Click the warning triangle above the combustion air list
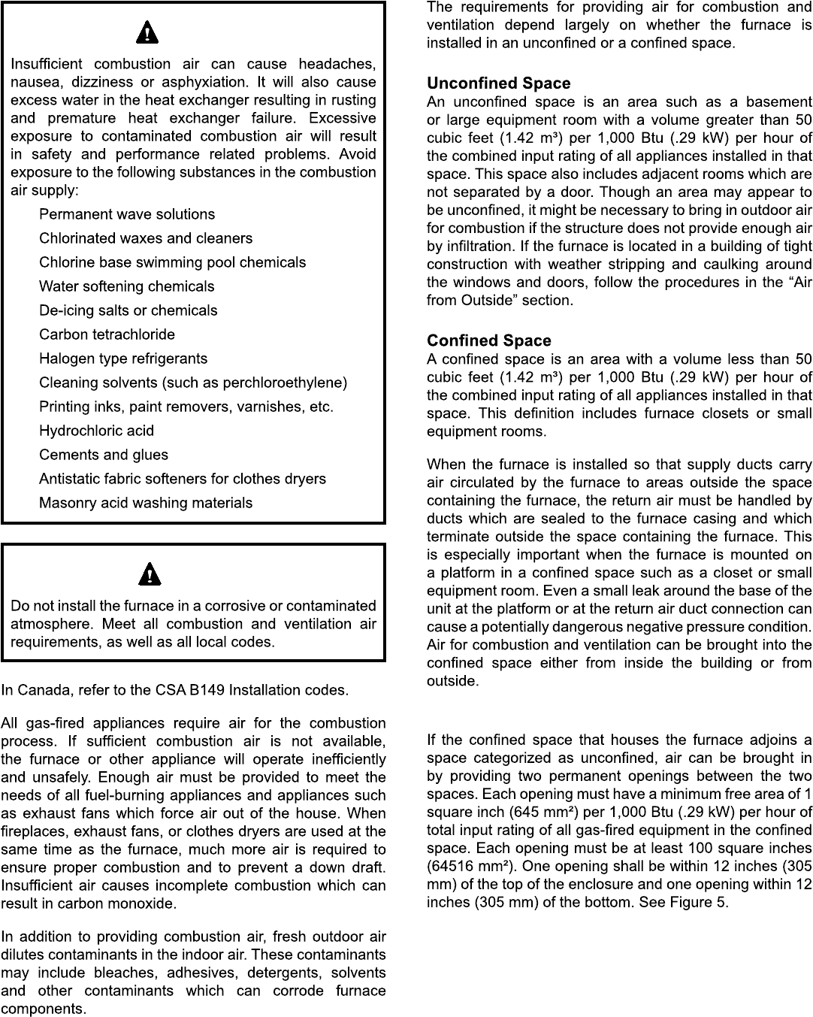147,33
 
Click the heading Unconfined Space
498,83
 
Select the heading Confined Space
488,341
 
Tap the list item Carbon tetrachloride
107,334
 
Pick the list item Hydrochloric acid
96,431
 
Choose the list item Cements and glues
104,455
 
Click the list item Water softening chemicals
126,286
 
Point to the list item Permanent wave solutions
126,214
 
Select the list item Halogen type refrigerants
123,359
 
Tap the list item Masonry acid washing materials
146,503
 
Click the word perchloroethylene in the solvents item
283,383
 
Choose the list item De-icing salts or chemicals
128,310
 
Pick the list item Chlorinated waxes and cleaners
146,238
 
